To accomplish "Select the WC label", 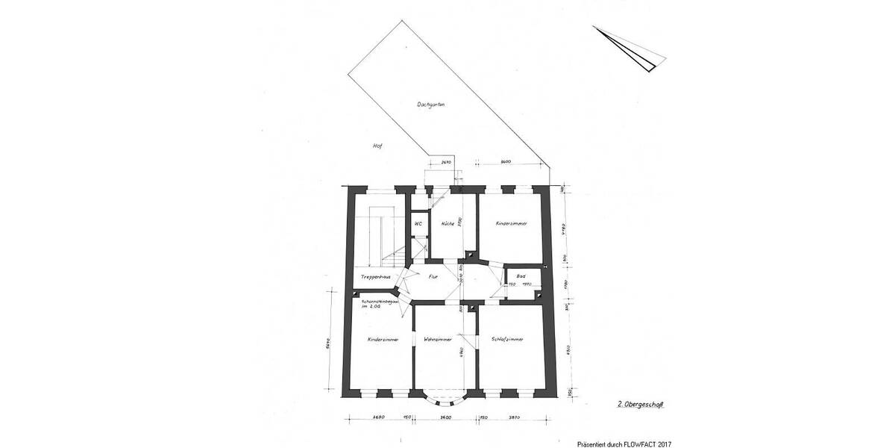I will click(418, 223).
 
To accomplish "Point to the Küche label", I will click(447, 223).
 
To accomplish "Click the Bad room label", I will click(520, 276).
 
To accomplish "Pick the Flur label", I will click(432, 277).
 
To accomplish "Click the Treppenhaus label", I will click(375, 277).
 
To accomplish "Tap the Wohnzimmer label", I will click(438, 339).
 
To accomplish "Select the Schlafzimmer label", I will click(508, 339).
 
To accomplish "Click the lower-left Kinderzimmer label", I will click(383, 339).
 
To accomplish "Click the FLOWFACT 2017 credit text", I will click(624, 443).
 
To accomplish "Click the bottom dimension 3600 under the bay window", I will click(446, 418).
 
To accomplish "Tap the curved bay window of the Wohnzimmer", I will click(446, 396).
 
